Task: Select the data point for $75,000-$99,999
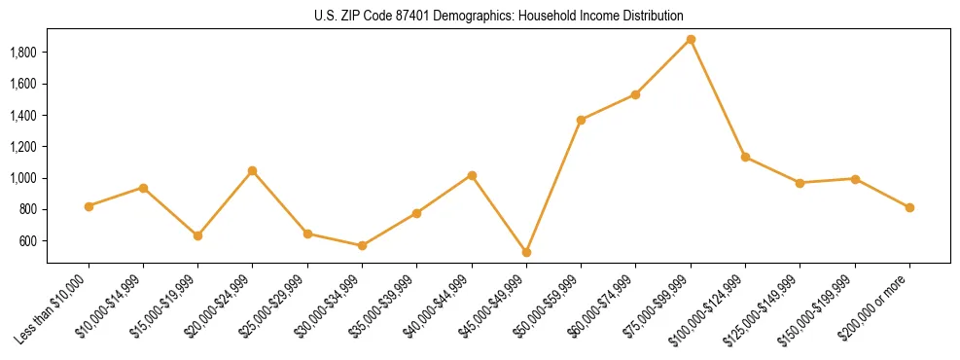691,40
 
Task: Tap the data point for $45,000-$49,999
526,252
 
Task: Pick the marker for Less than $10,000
89,206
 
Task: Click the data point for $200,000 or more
909,207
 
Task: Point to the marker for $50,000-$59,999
581,120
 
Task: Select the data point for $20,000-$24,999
253,171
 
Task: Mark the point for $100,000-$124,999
745,157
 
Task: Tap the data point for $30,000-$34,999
362,245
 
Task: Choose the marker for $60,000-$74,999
635,94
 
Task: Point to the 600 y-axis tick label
28,241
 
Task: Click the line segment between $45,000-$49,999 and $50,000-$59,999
553,186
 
